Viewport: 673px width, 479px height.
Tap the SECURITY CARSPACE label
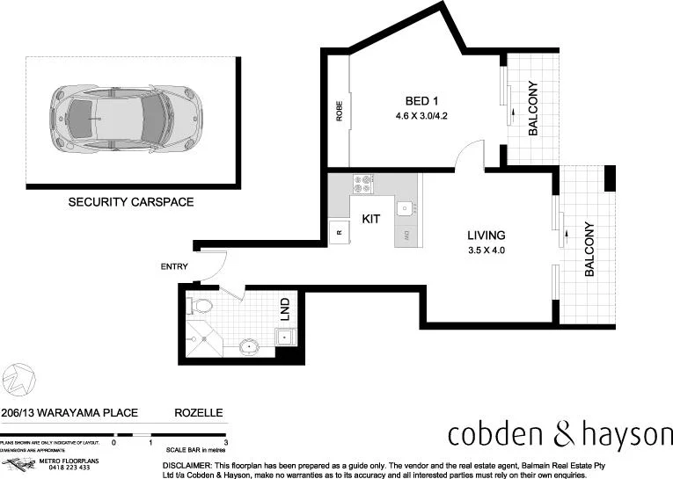coord(131,202)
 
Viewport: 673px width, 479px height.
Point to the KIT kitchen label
coord(371,219)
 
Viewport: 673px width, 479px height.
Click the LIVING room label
coord(486,236)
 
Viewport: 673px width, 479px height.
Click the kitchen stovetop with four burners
coord(364,185)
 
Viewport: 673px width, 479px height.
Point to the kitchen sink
coord(404,208)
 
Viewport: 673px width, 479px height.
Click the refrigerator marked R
coord(339,232)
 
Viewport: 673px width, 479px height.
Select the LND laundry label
coord(285,309)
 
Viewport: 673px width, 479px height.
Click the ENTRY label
coord(174,266)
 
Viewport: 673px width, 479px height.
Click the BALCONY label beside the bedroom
coord(533,108)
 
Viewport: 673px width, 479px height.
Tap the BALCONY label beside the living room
coord(589,249)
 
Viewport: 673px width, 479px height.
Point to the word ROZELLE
coord(199,412)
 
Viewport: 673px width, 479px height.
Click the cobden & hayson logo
coord(560,434)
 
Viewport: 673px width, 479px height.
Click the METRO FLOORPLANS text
coord(61,460)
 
